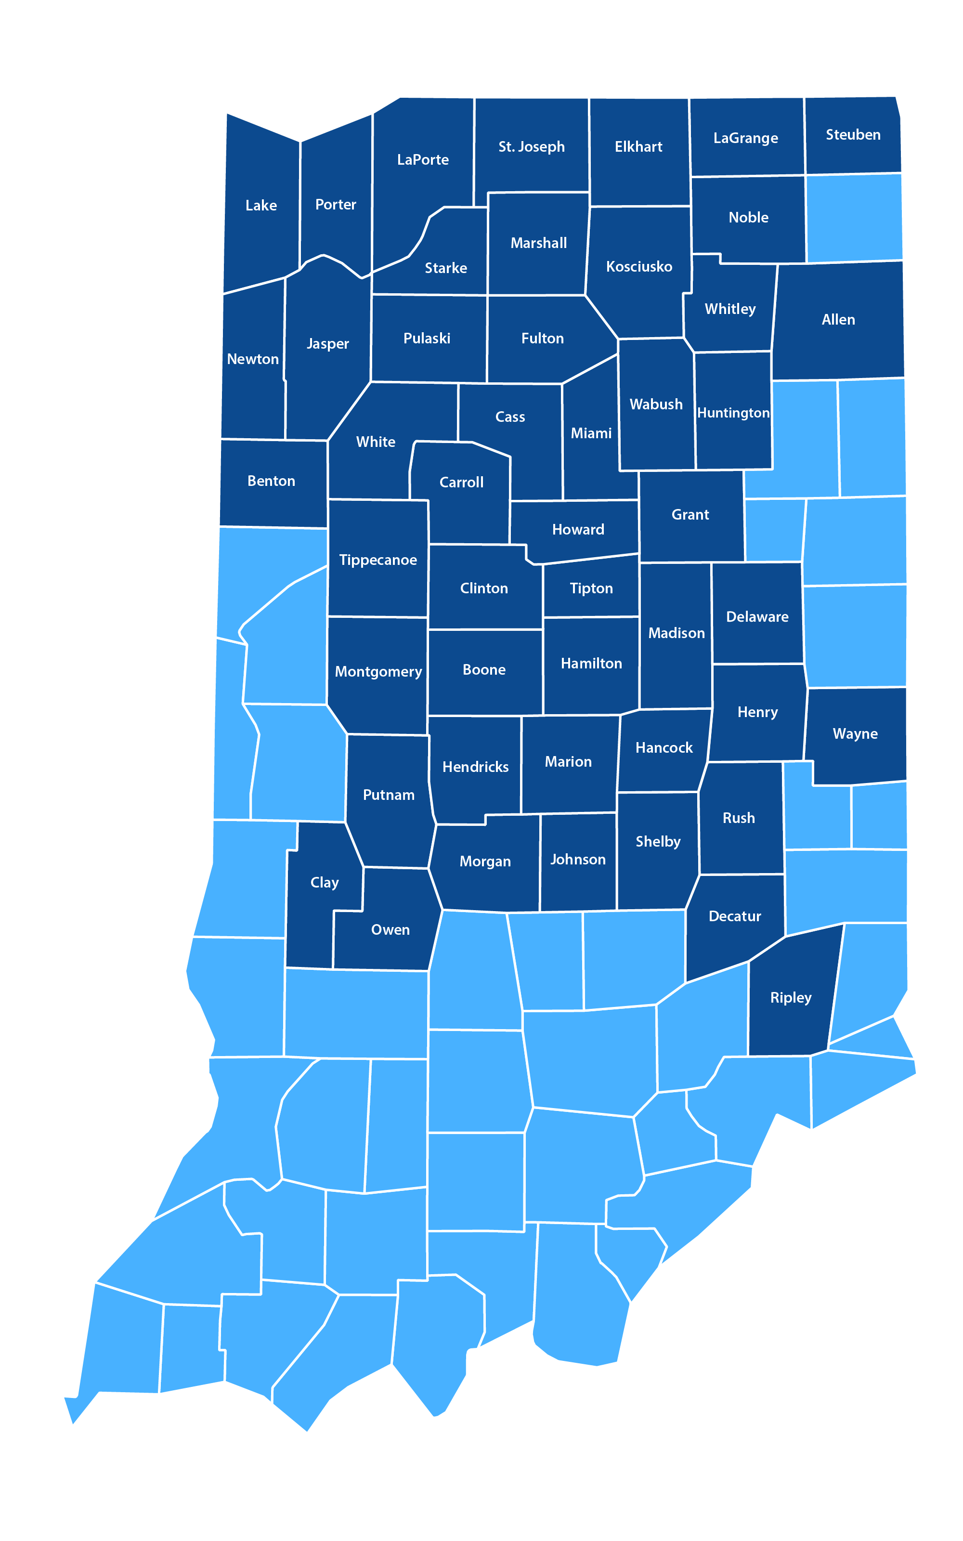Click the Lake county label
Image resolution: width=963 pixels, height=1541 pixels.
click(261, 206)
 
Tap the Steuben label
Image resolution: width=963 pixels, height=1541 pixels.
click(853, 135)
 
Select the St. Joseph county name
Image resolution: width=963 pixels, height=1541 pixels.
click(531, 147)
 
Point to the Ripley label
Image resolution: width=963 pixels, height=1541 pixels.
click(791, 997)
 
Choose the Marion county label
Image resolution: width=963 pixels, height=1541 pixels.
click(568, 761)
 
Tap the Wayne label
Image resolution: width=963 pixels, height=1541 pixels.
click(855, 733)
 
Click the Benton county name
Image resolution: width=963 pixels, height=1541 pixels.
click(271, 481)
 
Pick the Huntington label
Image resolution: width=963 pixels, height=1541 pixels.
click(733, 413)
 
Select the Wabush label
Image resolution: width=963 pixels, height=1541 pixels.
click(656, 405)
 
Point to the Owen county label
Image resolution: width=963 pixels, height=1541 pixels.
click(390, 930)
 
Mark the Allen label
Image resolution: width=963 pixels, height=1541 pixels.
click(838, 320)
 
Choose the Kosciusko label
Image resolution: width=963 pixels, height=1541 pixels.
click(639, 267)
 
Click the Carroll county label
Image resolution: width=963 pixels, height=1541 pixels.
click(461, 483)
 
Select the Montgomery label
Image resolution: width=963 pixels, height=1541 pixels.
click(378, 672)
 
